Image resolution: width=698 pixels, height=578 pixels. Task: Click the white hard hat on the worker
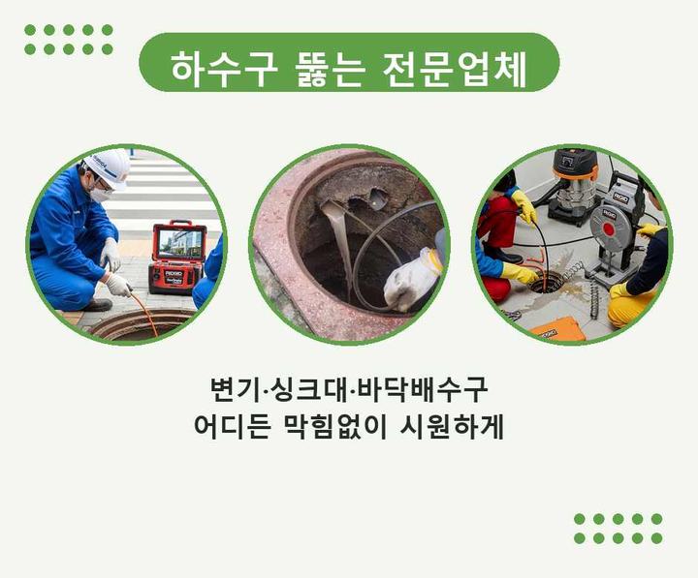tap(109, 168)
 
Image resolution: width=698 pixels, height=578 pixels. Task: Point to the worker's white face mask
tap(100, 194)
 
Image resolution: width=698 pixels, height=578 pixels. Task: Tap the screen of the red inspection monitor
tap(179, 244)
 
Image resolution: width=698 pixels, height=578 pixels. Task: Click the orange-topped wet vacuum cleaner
tap(576, 187)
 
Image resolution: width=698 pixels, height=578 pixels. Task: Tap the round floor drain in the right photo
tap(547, 283)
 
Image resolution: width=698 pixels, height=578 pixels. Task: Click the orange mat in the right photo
tap(558, 332)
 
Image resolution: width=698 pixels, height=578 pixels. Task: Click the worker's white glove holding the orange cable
tap(118, 284)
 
